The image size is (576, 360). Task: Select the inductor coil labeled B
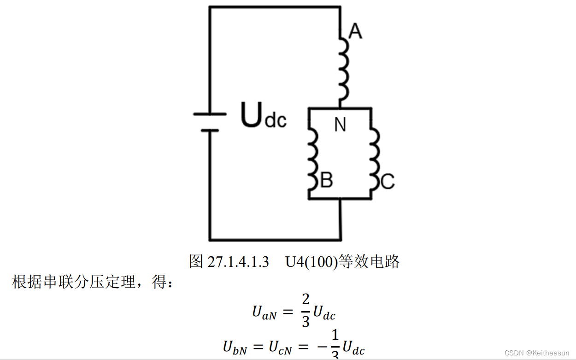(312, 159)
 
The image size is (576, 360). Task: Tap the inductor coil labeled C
(375, 159)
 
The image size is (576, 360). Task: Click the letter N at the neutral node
(340, 125)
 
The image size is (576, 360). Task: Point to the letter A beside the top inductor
(355, 31)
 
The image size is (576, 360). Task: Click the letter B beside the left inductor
(326, 181)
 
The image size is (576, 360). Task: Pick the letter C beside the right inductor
(388, 182)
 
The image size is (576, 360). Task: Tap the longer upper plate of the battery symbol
(210, 113)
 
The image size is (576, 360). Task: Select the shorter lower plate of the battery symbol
(210, 130)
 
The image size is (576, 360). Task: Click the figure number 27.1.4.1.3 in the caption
(238, 262)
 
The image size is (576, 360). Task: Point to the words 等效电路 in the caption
(369, 262)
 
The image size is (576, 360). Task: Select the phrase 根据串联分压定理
(81, 282)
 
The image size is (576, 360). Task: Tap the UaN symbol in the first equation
(264, 313)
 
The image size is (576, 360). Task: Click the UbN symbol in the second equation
(235, 347)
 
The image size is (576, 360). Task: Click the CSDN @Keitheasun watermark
(537, 353)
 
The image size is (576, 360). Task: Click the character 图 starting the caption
(196, 262)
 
